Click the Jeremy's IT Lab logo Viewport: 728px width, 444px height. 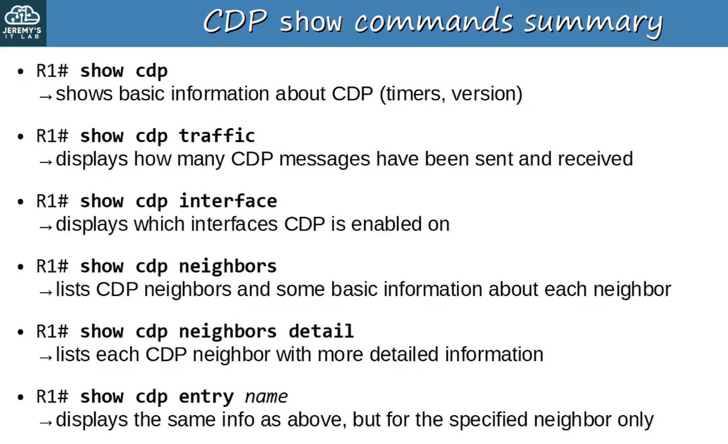pyautogui.click(x=23, y=23)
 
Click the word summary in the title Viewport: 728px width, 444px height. pyautogui.click(x=593, y=23)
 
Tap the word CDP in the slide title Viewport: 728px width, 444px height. pyautogui.click(x=235, y=22)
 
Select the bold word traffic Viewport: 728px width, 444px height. pyautogui.click(x=217, y=136)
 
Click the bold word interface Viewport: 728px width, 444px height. pyautogui.click(x=228, y=201)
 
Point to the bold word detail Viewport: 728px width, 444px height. pyautogui.click(x=321, y=332)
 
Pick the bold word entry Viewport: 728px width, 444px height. pyautogui.click(x=206, y=397)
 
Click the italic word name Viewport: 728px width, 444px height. pyautogui.click(x=266, y=397)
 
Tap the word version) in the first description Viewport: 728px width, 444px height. pyautogui.click(x=487, y=94)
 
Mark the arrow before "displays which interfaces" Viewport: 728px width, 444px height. pyautogui.click(x=46, y=227)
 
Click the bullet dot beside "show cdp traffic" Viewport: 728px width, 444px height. pyautogui.click(x=21, y=136)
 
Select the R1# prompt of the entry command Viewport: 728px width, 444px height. pyautogui.click(x=52, y=397)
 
